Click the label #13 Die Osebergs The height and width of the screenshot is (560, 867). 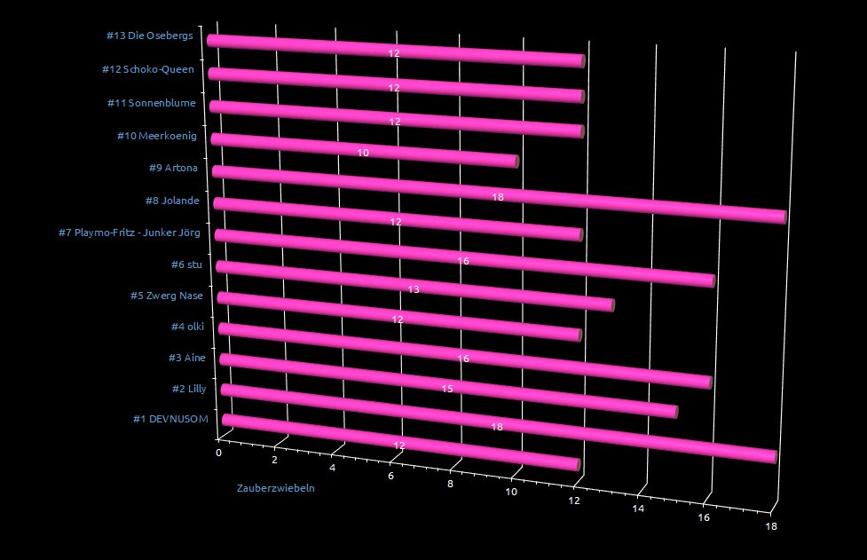click(149, 36)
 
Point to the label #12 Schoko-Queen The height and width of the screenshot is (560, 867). click(147, 69)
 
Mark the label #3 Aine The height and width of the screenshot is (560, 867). click(186, 358)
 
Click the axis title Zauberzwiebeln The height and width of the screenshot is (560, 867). click(275, 489)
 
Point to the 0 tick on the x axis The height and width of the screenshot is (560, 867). click(219, 453)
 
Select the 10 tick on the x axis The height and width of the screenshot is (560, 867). click(512, 493)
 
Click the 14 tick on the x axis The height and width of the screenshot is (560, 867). click(638, 509)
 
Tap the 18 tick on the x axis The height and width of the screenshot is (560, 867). click(772, 527)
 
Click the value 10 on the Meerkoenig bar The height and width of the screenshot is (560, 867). click(364, 153)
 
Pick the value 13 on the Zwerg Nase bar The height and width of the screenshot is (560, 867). click(414, 289)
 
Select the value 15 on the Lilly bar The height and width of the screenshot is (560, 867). click(448, 389)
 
